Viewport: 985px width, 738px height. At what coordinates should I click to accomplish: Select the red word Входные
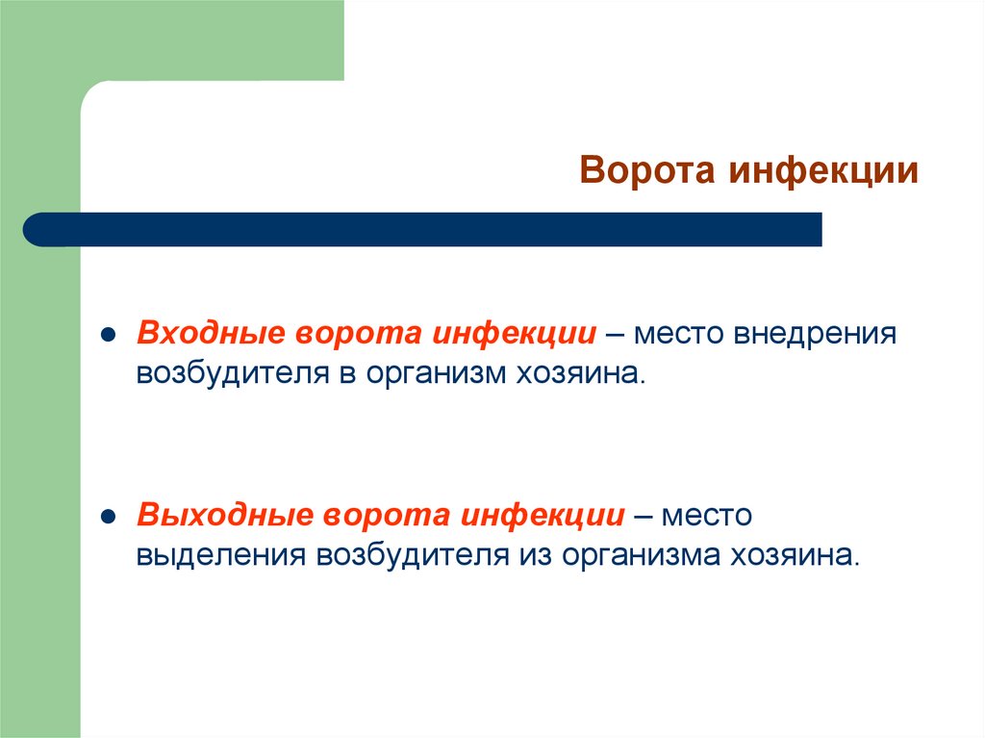212,335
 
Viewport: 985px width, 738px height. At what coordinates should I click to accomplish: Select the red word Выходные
224,515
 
